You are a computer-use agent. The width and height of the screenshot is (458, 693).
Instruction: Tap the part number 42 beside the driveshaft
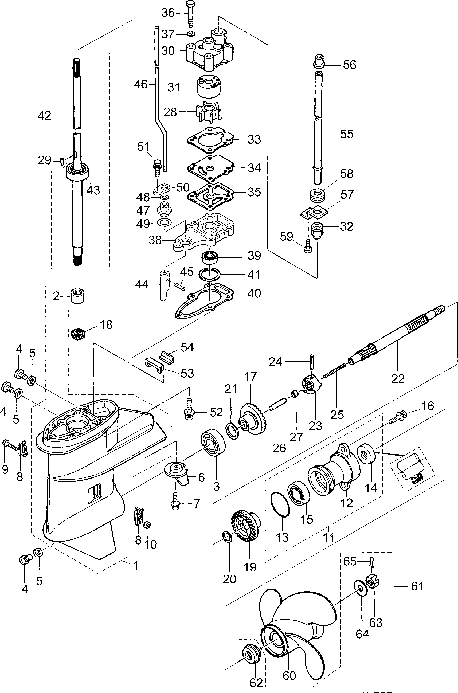(x=44, y=116)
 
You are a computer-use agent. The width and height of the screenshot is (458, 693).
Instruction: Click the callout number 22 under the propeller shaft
(x=398, y=378)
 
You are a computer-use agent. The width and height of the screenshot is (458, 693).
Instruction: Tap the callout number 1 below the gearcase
(x=136, y=566)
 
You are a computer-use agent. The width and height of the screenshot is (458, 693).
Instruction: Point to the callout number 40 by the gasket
(x=254, y=293)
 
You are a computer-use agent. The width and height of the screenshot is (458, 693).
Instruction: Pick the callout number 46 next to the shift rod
(x=141, y=84)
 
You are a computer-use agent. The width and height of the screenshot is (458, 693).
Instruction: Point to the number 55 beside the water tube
(x=347, y=134)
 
